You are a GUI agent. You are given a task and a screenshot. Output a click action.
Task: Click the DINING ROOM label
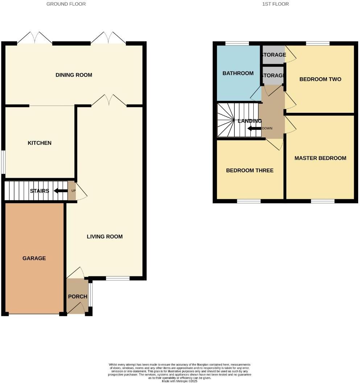coord(74,75)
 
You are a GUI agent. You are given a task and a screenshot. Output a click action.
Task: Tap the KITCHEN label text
coord(40,143)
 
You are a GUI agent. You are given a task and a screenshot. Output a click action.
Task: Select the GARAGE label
coord(34,258)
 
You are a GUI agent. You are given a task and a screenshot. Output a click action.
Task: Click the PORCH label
coord(78,296)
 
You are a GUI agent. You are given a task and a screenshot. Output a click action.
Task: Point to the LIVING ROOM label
coord(105,236)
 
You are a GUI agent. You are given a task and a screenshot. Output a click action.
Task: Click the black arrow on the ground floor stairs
coord(60,191)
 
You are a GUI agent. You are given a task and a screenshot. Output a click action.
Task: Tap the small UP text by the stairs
coord(73,190)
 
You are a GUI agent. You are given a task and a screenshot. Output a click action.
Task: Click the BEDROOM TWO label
coord(320,79)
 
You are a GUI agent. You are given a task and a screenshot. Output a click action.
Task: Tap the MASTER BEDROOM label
coord(320,158)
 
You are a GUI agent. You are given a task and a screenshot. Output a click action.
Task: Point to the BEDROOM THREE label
coord(250,170)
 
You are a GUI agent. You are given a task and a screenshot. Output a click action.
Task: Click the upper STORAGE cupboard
coord(273,55)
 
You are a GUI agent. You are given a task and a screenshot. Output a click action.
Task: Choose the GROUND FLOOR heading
coord(66,4)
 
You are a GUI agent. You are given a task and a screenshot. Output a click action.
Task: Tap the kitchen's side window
coord(3,162)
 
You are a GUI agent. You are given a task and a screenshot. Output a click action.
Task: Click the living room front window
coord(118,279)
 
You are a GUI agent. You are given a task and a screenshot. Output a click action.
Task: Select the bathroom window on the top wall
coord(237,44)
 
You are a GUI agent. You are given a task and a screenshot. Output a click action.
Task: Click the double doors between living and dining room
coord(109,101)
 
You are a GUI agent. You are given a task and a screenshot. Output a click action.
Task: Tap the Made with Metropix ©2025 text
coord(180,381)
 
